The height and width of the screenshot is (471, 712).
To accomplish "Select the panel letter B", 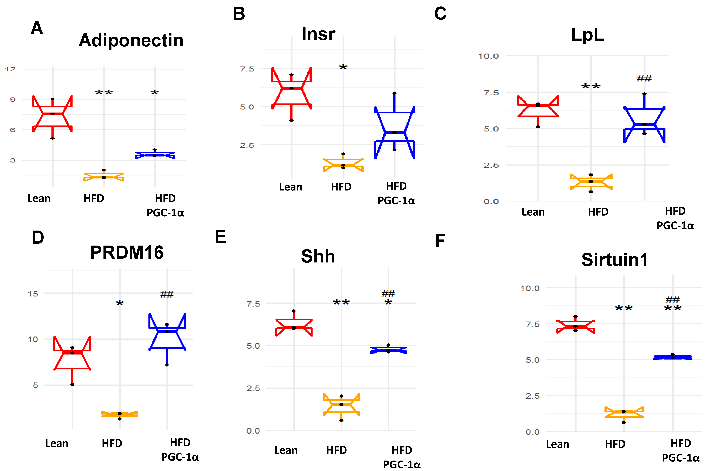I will click(x=239, y=14).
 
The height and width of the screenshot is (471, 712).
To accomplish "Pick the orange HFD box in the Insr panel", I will click(x=343, y=165).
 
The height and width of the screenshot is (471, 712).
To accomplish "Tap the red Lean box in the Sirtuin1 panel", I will click(x=575, y=326).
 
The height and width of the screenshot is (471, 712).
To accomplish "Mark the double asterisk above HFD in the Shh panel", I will click(x=341, y=302).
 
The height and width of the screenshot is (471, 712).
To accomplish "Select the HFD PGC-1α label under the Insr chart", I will click(x=396, y=193).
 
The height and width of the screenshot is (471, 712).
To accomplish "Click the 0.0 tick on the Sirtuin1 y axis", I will click(x=532, y=432).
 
